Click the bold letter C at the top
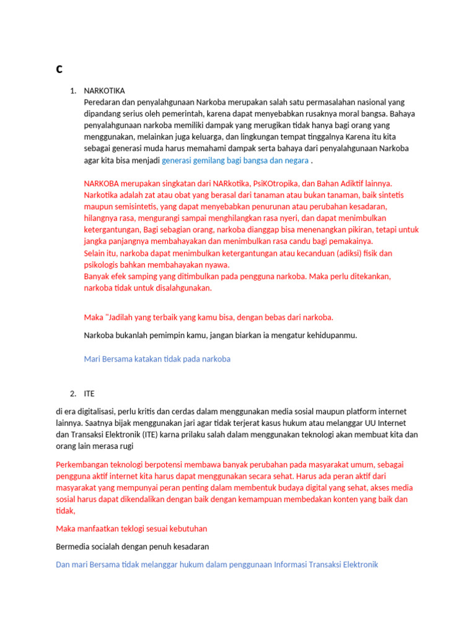click(59, 69)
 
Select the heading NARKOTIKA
click(104, 90)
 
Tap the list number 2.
click(73, 393)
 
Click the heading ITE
click(89, 393)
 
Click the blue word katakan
click(152, 358)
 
